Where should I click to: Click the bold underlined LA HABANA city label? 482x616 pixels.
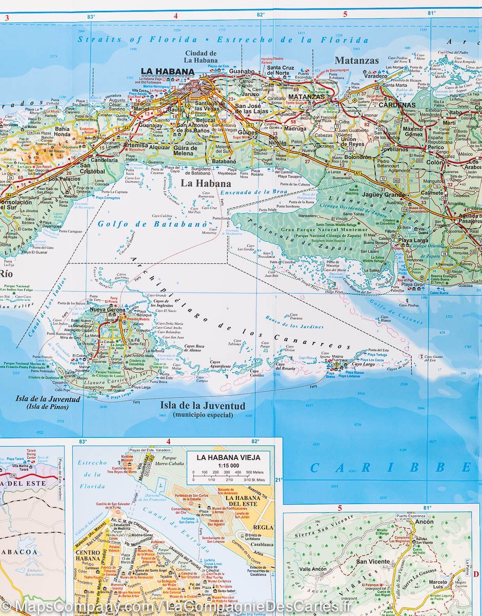167,72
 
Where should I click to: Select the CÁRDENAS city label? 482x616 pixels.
397,105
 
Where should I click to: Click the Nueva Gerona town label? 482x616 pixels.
107,310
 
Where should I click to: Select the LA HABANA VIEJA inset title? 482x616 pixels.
229,457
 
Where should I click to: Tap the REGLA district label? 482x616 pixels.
264,527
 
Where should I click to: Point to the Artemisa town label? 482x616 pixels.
135,145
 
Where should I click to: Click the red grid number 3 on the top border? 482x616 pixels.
7,16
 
